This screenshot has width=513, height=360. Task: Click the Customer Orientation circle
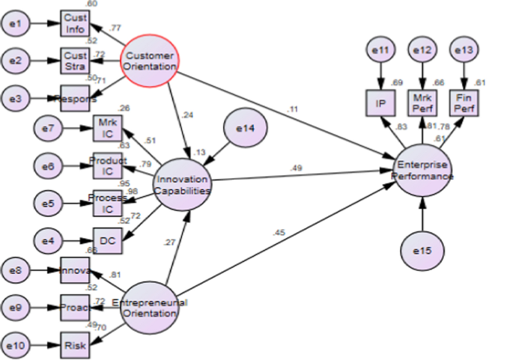pyautogui.click(x=150, y=61)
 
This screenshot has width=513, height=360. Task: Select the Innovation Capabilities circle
pyautogui.click(x=182, y=183)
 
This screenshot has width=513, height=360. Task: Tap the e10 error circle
pyautogui.click(x=17, y=346)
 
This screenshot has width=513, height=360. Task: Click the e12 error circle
pyautogui.click(x=423, y=51)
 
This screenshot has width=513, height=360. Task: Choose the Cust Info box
pyautogui.click(x=75, y=24)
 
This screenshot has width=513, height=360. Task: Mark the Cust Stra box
pyautogui.click(x=75, y=59)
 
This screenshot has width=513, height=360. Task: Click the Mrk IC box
pyautogui.click(x=106, y=128)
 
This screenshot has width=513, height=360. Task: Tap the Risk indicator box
pyautogui.click(x=75, y=346)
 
